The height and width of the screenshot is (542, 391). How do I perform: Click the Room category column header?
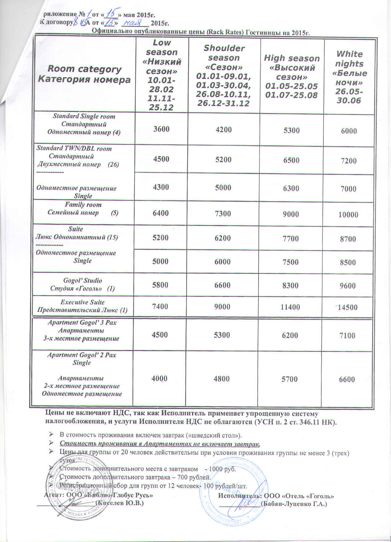click(84, 74)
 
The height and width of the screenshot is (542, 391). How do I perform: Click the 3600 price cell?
click(161, 129)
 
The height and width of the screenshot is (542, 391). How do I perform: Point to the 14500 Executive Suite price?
click(347, 307)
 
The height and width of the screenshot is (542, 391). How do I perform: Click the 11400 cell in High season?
click(290, 307)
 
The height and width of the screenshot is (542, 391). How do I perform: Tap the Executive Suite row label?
click(83, 306)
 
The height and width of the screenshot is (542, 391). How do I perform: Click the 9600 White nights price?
click(347, 286)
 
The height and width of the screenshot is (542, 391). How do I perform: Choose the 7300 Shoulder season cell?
click(223, 213)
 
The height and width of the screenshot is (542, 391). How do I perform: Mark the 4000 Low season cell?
click(159, 378)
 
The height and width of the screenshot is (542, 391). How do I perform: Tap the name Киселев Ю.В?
click(119, 503)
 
